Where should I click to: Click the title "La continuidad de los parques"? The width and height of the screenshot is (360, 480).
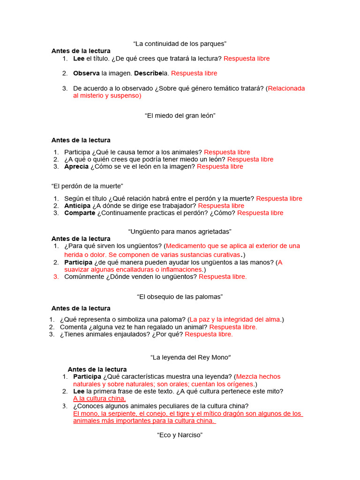point(180,44)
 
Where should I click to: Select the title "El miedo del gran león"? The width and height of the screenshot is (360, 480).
point(180,115)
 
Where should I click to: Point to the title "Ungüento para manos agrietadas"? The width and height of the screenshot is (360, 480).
point(180,232)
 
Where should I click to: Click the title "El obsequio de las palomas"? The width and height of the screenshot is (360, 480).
point(180,296)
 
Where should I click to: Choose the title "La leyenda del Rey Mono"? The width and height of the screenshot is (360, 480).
point(191,357)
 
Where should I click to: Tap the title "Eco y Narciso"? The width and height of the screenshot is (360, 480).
point(180,435)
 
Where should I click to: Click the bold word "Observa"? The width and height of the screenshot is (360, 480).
point(86,73)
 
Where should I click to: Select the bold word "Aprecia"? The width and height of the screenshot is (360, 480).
point(76,166)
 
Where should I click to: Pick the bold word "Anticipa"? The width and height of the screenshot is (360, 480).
point(77,206)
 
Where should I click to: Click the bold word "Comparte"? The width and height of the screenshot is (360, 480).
point(80,213)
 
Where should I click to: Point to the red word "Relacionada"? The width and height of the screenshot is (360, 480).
point(286,88)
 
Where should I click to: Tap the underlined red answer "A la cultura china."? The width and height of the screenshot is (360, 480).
point(99,398)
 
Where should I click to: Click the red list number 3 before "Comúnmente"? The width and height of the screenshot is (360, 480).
point(56,277)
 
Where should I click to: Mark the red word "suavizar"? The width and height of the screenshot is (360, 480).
point(78,270)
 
